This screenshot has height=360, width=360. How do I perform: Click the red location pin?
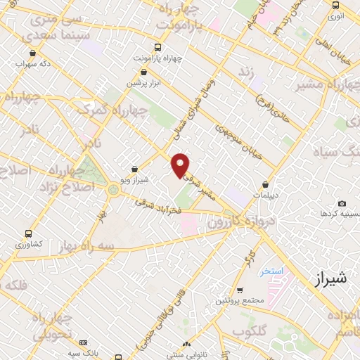pos(181,165)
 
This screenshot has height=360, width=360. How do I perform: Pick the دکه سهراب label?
pos(32,63)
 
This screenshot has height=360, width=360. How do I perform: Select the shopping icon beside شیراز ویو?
pos(134,168)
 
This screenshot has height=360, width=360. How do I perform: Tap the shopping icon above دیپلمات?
pos(266,184)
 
